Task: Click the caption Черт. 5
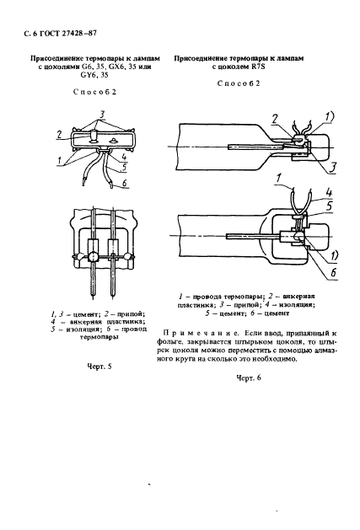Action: [x=99, y=367]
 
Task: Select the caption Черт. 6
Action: [x=249, y=377]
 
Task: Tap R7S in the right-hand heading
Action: [x=258, y=67]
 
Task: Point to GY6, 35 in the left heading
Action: [x=94, y=75]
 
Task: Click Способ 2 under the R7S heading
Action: [x=239, y=83]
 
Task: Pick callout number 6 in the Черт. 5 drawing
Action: [x=124, y=183]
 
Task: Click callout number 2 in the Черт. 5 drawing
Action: [x=59, y=135]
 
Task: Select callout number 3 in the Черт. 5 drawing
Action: [x=102, y=115]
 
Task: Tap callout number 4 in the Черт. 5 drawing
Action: [x=124, y=157]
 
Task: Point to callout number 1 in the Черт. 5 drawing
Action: [x=60, y=161]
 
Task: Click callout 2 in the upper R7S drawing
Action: [x=275, y=119]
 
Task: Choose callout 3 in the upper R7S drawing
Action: [x=333, y=169]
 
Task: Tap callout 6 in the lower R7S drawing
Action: [x=334, y=272]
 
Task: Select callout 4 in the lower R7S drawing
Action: [x=329, y=193]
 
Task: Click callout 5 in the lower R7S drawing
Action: [x=330, y=206]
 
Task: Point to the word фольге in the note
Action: [x=169, y=342]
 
